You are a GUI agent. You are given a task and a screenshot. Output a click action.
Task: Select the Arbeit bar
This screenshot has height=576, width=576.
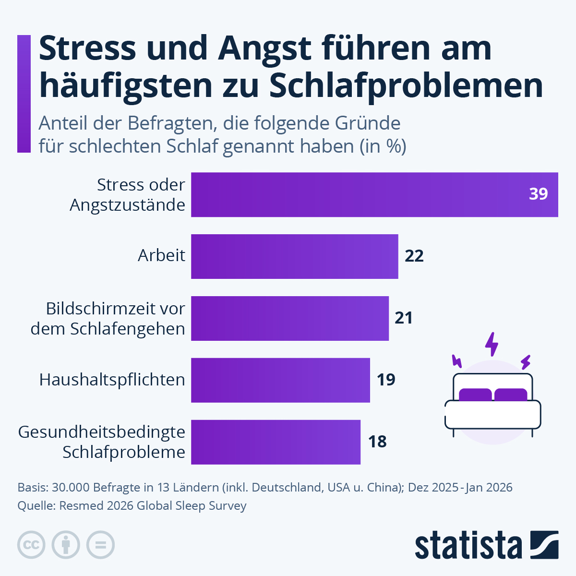(294, 256)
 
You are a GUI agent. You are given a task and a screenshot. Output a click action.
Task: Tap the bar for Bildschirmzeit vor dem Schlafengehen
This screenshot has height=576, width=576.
(289, 318)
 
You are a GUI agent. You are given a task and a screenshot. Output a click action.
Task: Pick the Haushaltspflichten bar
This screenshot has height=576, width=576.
(280, 380)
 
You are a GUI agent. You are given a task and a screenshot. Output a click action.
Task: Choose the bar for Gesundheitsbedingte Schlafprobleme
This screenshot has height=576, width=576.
(276, 442)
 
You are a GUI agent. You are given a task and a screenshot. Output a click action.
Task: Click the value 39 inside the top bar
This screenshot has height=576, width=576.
(538, 194)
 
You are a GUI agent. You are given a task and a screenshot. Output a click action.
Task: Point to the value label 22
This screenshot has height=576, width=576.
(414, 256)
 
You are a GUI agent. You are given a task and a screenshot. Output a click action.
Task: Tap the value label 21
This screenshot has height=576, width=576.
(404, 318)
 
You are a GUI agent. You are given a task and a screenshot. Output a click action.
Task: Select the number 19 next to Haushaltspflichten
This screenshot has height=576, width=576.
(385, 380)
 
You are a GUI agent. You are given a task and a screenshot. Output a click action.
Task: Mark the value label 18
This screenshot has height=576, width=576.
(377, 442)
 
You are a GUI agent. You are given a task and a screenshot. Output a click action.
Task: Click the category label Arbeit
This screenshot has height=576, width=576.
(161, 255)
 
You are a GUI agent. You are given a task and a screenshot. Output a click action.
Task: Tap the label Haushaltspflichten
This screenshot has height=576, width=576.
(112, 380)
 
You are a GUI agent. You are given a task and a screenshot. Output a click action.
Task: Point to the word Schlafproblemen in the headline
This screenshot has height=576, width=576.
(406, 86)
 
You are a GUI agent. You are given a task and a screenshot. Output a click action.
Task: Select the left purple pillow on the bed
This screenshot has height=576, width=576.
(475, 395)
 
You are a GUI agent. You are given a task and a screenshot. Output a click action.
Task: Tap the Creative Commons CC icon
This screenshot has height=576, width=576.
(31, 545)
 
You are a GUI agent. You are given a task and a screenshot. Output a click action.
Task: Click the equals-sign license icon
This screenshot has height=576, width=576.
(100, 545)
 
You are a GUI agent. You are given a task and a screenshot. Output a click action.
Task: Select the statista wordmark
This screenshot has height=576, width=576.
(468, 545)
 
